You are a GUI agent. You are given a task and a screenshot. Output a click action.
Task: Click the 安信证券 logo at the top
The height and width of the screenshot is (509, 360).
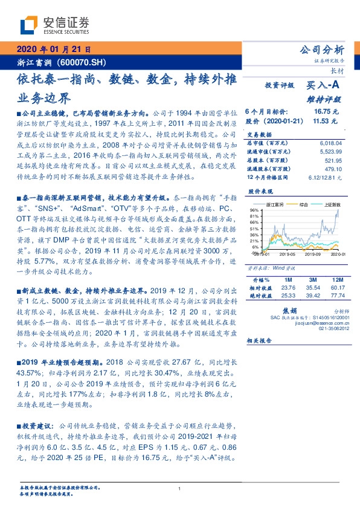point(54,25)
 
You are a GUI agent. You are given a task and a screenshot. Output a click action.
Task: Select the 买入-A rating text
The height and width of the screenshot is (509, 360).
point(324,86)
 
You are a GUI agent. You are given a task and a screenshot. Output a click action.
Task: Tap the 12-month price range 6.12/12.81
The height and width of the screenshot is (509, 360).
point(328,177)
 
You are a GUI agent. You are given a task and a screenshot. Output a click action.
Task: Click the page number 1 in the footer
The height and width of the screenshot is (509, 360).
point(180,488)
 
